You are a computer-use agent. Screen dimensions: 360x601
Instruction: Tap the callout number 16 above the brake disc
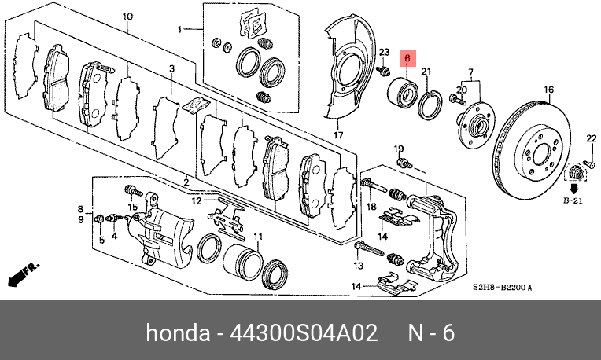pos(549,90)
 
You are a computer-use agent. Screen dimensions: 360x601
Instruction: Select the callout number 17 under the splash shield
pos(338,135)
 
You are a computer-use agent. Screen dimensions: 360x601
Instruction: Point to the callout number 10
pos(128,16)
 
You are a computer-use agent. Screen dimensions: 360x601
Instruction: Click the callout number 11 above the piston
pos(257,237)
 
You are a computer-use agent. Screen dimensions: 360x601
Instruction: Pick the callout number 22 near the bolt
pos(592,139)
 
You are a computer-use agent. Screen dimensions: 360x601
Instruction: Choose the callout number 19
pos(398,149)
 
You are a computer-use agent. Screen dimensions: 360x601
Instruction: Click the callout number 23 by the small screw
pos(385,53)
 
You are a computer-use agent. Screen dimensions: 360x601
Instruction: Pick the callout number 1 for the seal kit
pos(179,30)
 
